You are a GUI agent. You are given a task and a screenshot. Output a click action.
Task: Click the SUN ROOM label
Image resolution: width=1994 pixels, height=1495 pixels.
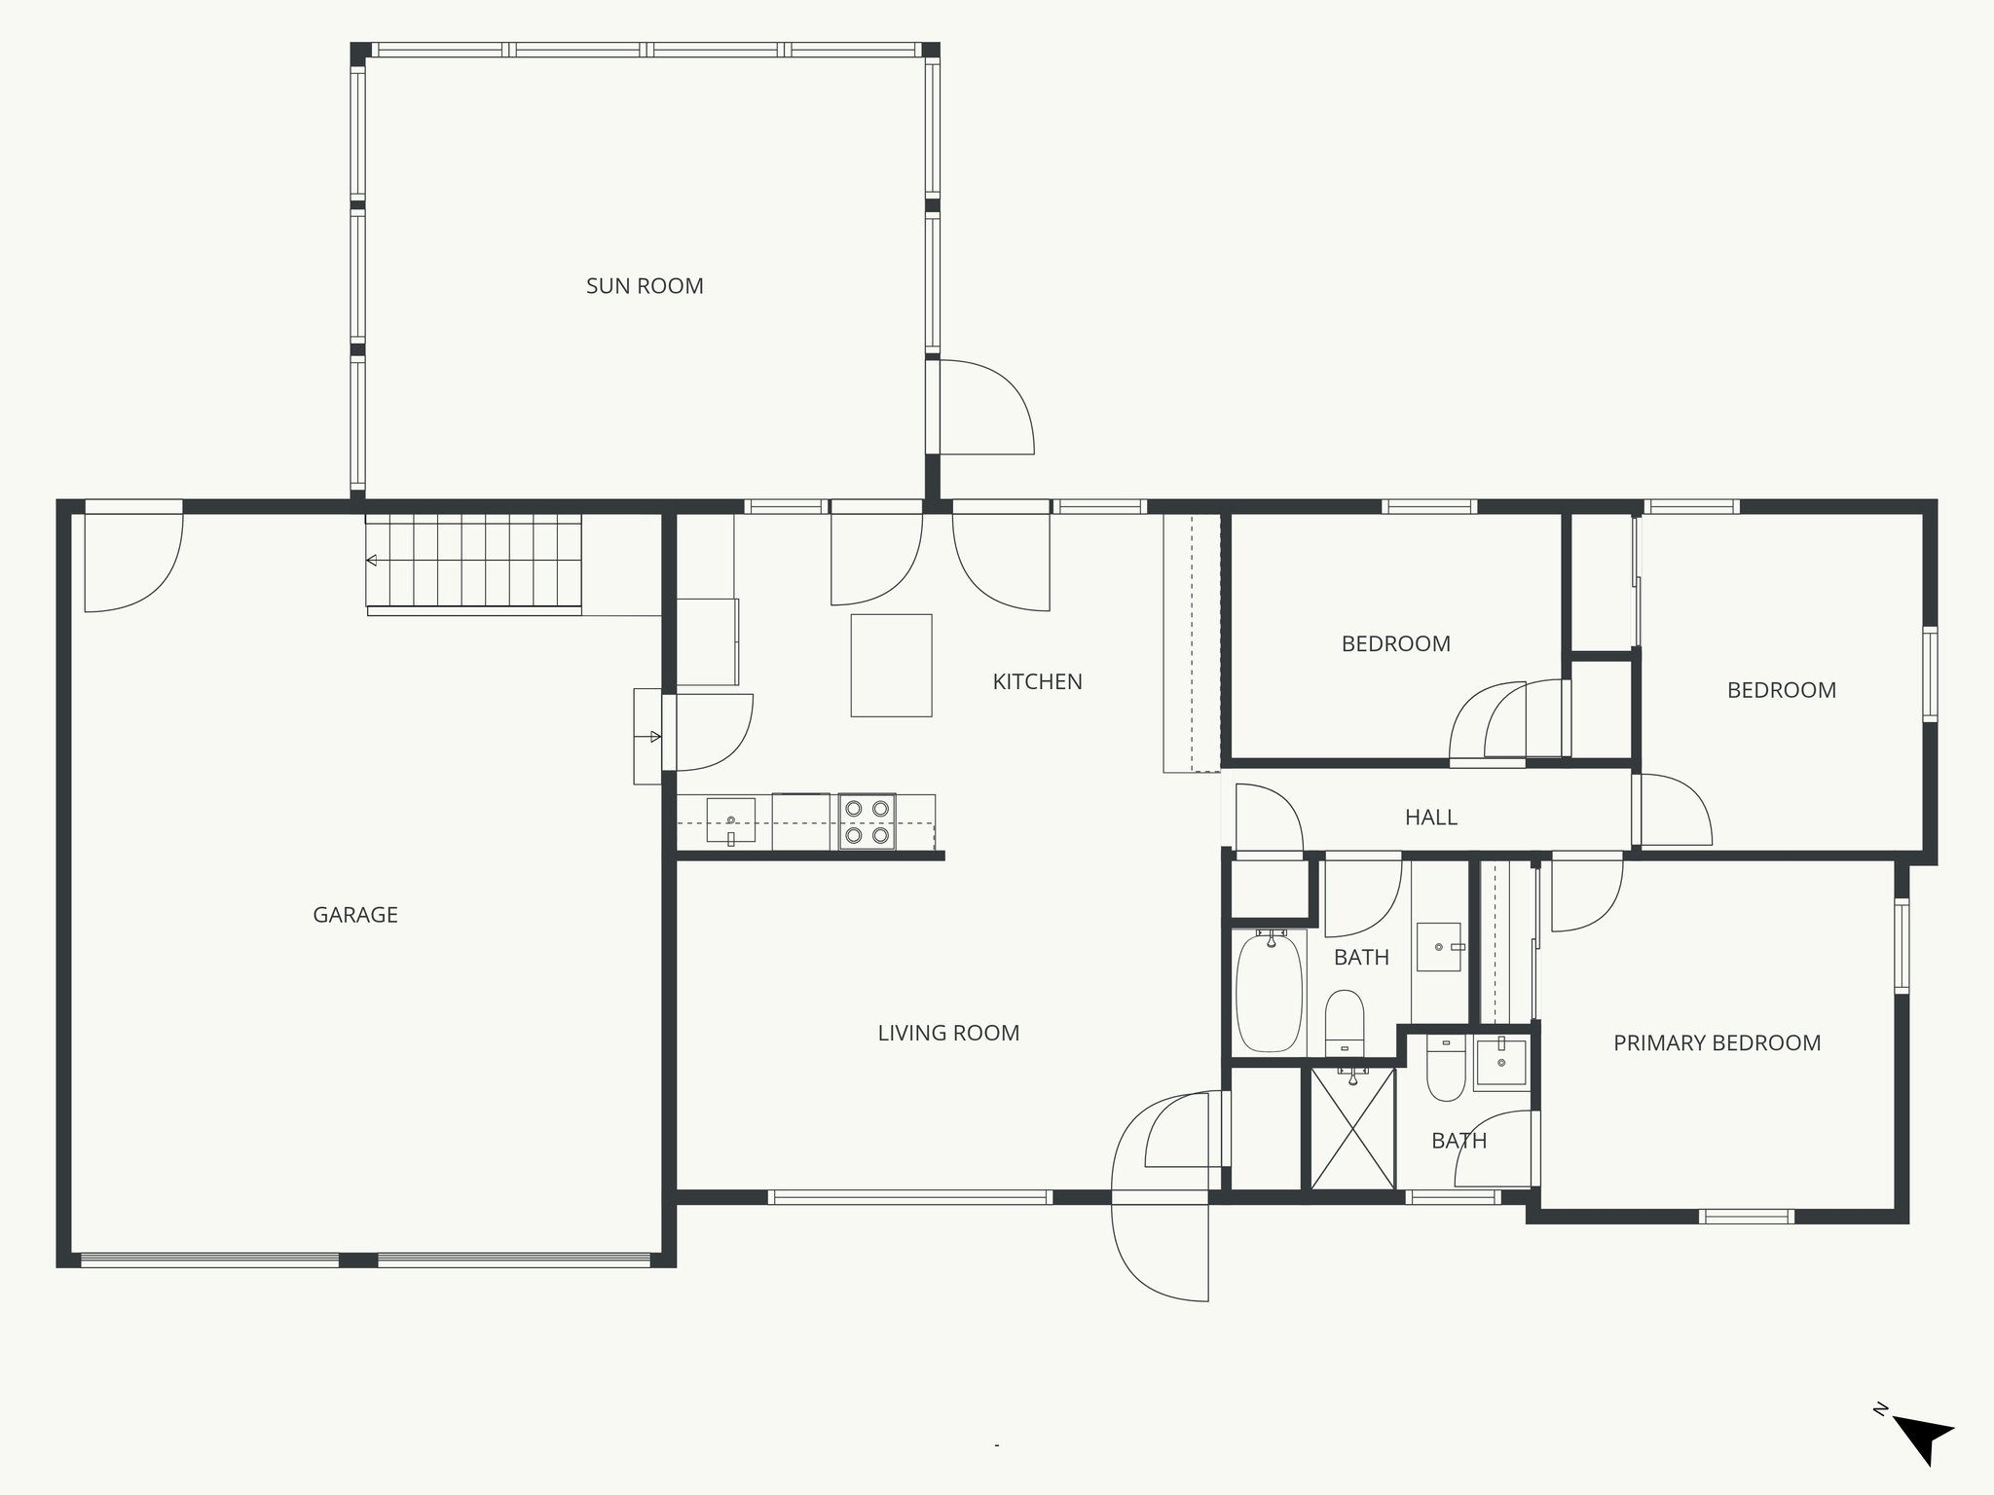click(x=645, y=286)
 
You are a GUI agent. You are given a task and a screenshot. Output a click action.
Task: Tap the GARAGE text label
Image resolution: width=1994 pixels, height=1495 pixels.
click(x=355, y=915)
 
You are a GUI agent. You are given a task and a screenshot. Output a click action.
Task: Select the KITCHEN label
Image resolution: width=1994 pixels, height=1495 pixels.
click(x=1037, y=682)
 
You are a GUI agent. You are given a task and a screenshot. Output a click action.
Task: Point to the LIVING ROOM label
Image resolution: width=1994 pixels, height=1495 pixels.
click(x=948, y=1034)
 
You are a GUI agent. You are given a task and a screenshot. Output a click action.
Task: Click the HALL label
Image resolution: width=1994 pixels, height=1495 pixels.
click(x=1430, y=818)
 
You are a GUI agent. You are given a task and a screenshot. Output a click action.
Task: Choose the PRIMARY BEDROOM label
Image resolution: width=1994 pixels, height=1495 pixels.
click(x=1717, y=1043)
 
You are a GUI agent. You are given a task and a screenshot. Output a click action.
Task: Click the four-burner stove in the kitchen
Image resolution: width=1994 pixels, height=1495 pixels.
click(x=867, y=821)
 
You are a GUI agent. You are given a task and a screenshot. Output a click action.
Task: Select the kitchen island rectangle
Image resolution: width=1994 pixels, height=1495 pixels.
click(x=891, y=665)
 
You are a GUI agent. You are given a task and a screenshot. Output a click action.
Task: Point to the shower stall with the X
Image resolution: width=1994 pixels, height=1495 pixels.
click(x=1352, y=1129)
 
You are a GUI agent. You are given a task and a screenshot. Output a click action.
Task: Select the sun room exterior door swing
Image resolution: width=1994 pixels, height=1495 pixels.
click(x=983, y=407)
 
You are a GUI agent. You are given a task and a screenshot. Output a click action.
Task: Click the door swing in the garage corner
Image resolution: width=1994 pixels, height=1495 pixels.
click(x=132, y=561)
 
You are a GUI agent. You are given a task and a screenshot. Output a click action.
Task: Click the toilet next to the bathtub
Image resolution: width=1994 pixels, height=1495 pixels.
click(x=1345, y=1020)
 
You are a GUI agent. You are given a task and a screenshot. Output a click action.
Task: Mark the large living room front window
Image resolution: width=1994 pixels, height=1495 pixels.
click(x=909, y=1197)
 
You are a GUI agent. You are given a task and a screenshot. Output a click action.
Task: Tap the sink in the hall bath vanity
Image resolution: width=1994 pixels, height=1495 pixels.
click(x=1439, y=947)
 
